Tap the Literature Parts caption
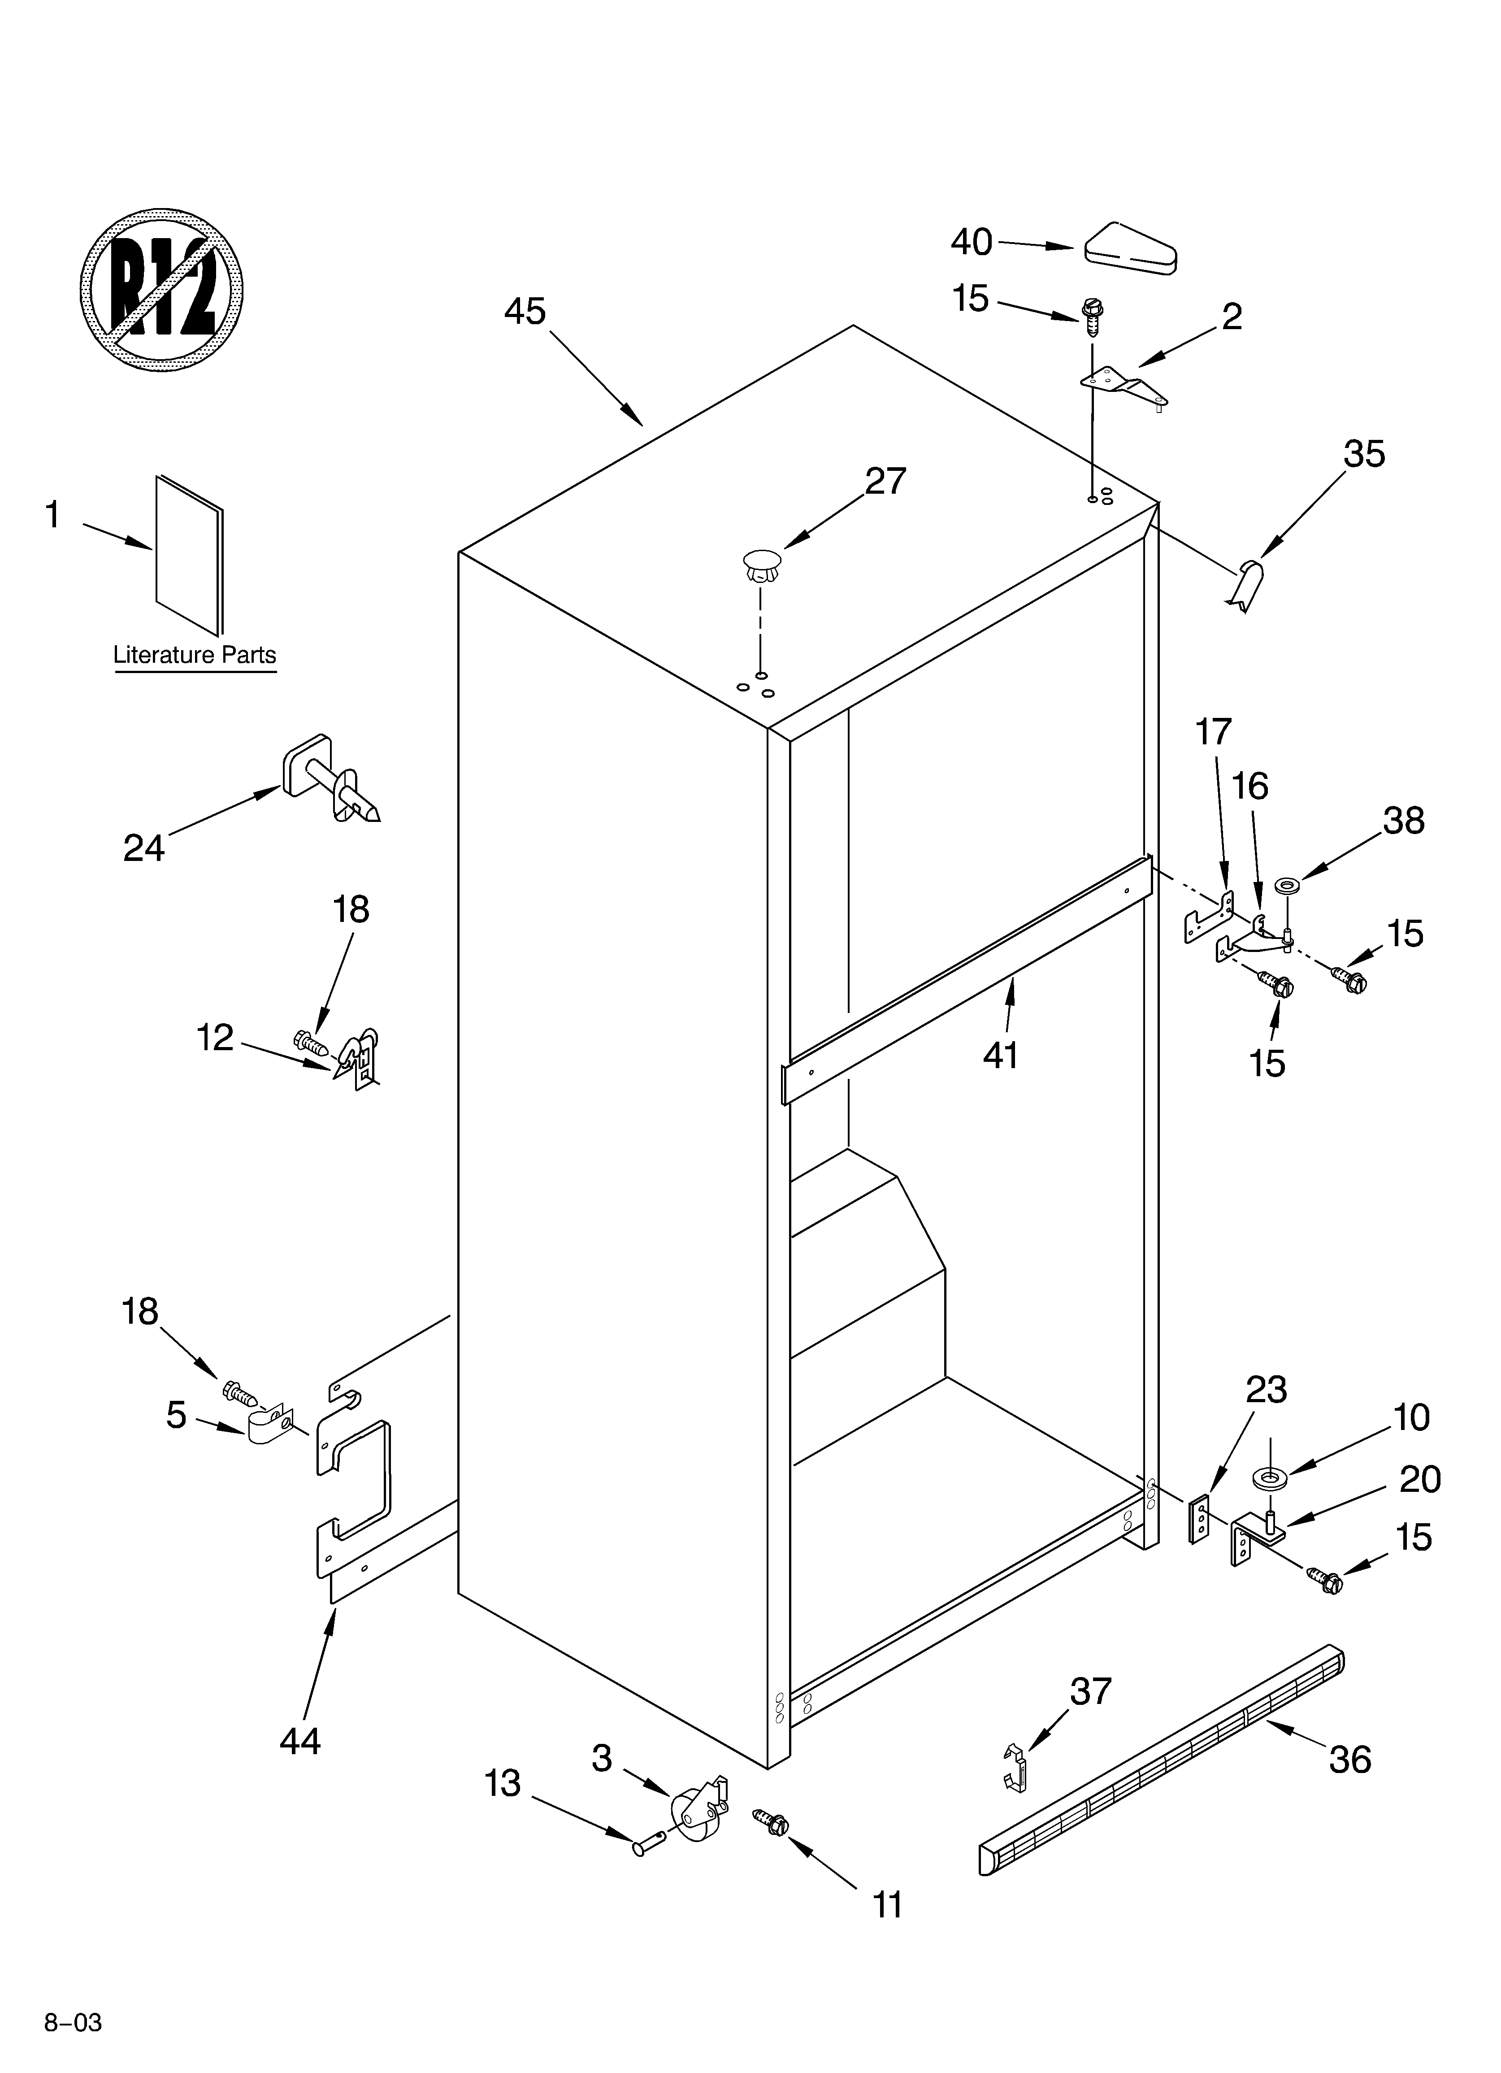click(x=195, y=656)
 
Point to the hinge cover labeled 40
click(x=1130, y=248)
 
